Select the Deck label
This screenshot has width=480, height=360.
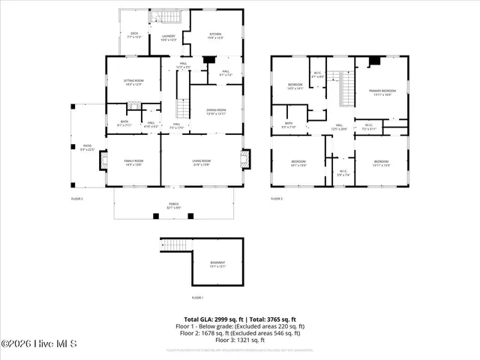click(134, 35)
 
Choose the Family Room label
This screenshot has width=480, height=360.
click(133, 163)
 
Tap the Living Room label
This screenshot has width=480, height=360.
click(202, 163)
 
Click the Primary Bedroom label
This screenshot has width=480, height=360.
click(381, 92)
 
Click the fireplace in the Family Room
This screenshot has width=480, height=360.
click(105, 160)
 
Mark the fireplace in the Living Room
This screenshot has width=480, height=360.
click(244, 159)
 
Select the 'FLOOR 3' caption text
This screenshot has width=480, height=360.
click(276, 199)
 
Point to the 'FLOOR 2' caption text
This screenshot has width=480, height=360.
click(76, 199)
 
